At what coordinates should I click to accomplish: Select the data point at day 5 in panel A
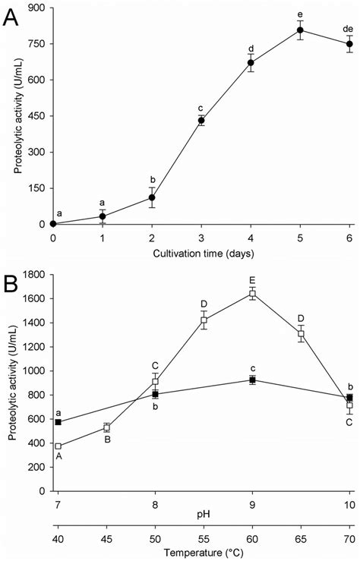[x=300, y=30]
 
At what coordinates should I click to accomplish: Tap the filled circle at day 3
[x=201, y=120]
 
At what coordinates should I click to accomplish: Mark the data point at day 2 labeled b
[x=152, y=197]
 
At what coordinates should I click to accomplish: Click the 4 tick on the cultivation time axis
[x=251, y=238]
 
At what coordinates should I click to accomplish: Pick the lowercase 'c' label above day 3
[x=201, y=106]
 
